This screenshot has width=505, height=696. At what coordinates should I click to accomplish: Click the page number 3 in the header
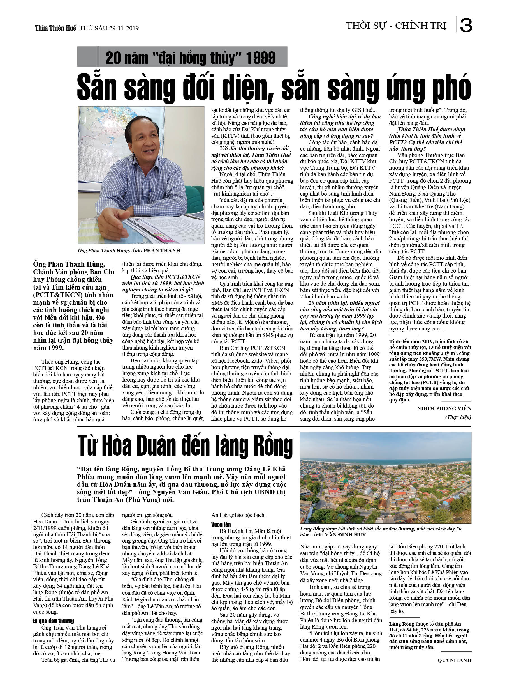coord(466,25)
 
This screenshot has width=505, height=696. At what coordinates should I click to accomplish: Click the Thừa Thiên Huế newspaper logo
coord(55,28)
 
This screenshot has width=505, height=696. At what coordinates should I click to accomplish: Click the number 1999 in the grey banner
coord(260,58)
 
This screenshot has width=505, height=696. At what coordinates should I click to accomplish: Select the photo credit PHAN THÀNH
coord(162,251)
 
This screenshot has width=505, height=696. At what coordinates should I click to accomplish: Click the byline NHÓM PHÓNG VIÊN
coord(444,408)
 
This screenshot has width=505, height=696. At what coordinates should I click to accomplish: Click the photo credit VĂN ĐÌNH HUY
coord(345,535)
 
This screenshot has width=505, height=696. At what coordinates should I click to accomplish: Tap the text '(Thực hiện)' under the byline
coord(458,417)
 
